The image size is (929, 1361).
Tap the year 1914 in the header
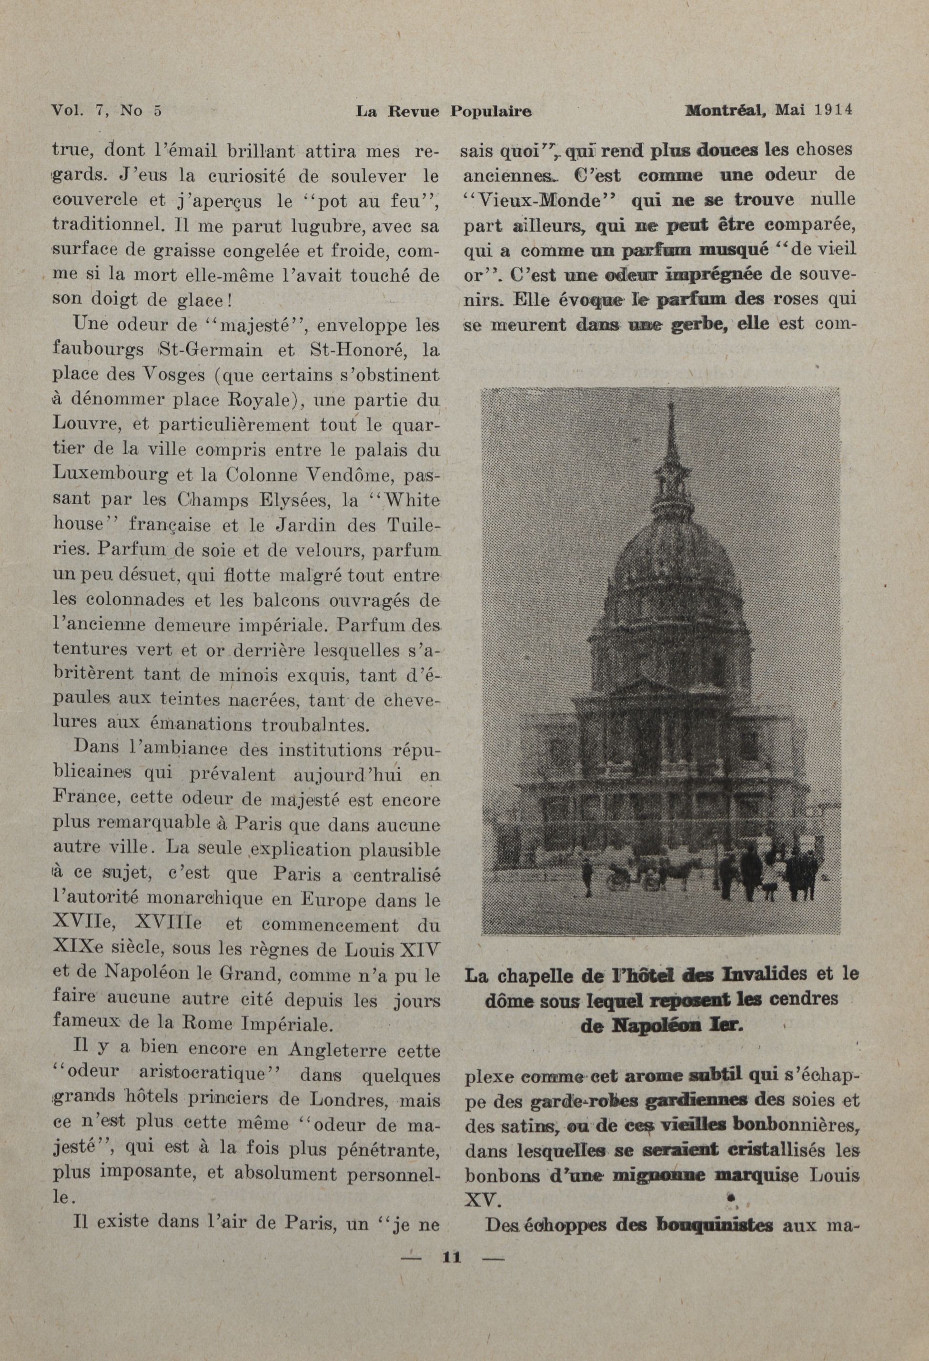pyautogui.click(x=833, y=110)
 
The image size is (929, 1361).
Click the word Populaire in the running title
pyautogui.click(x=491, y=111)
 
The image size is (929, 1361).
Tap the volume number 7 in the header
pyautogui.click(x=102, y=111)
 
